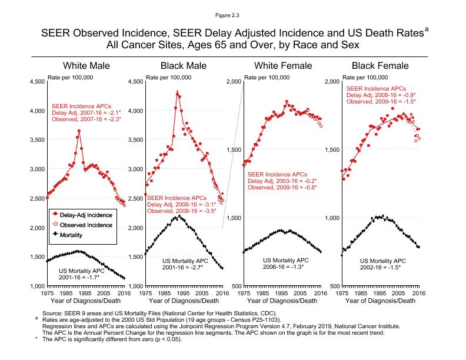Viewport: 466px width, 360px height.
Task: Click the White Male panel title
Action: [x=86, y=65]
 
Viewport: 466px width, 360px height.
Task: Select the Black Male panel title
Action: [x=183, y=65]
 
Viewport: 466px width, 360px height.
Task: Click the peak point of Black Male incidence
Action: [x=177, y=92]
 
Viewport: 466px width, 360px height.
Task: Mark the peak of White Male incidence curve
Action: [x=79, y=131]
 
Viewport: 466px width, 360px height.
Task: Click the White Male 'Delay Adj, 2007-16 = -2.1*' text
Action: [x=86, y=112]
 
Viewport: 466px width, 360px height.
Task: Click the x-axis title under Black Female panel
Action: [x=380, y=301]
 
